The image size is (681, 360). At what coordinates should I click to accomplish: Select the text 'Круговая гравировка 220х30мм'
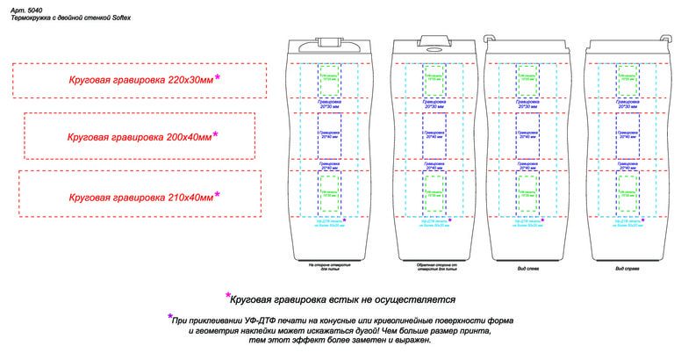click(x=140, y=81)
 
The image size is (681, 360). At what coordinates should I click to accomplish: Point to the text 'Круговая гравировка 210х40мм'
click(x=140, y=198)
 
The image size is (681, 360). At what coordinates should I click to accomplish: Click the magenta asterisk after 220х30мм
click(x=218, y=78)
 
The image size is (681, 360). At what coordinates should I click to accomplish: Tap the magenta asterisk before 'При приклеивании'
click(x=169, y=318)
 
